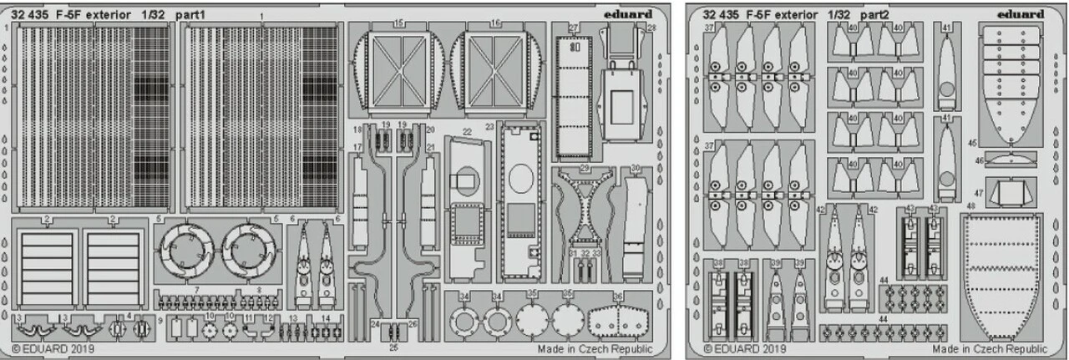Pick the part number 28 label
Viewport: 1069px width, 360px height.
coord(651,28)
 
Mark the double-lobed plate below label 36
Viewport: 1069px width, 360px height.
coord(619,320)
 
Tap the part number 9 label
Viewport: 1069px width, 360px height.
coord(160,320)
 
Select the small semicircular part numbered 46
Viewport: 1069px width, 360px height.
coord(1011,160)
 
